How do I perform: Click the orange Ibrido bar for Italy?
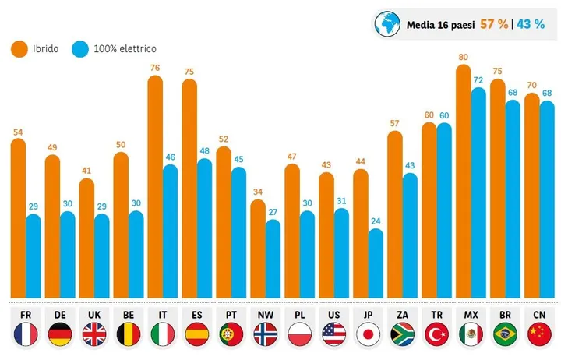click(155, 187)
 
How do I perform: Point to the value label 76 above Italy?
click(155, 68)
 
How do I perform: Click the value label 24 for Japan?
click(376, 221)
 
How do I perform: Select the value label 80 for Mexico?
click(464, 57)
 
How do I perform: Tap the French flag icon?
click(26, 335)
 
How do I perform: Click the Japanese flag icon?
click(368, 335)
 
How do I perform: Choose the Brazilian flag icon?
click(504, 335)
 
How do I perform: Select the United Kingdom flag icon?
click(94, 335)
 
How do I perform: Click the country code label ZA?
click(402, 316)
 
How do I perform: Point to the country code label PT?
click(231, 316)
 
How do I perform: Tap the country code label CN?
click(538, 316)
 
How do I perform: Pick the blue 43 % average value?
click(531, 24)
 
